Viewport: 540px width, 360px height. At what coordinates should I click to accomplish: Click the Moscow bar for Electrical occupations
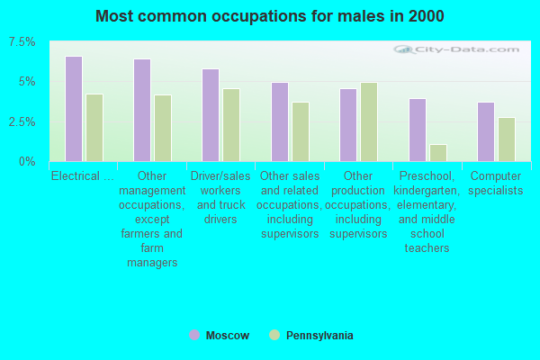(x=74, y=109)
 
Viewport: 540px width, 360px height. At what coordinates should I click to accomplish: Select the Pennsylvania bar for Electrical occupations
(x=94, y=128)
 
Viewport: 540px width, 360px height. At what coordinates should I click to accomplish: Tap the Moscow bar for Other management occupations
(x=142, y=110)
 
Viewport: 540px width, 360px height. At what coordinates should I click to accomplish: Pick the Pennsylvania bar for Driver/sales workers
(x=231, y=125)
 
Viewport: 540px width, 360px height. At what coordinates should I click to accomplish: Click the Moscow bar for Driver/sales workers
(x=211, y=115)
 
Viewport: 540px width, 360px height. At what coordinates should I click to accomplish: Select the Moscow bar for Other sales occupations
(x=280, y=121)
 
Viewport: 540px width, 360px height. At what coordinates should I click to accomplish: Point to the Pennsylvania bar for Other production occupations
(x=369, y=121)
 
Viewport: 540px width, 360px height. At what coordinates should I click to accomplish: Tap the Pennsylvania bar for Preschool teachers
(x=438, y=153)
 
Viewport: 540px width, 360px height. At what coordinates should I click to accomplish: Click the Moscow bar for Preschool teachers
(x=418, y=130)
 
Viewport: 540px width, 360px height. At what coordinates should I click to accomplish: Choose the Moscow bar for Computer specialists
(x=486, y=131)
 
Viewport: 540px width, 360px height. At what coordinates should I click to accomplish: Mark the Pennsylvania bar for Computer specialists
(x=507, y=139)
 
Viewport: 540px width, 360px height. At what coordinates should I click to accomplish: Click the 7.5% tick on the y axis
(x=22, y=42)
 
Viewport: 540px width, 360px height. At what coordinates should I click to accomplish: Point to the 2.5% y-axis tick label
(x=22, y=121)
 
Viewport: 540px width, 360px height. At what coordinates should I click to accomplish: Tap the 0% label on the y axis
(x=28, y=161)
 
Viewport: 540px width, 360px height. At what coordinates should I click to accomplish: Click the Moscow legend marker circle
(x=194, y=335)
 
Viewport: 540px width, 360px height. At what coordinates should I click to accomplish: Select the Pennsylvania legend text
(x=319, y=336)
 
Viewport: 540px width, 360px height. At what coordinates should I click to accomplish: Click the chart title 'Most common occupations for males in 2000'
(x=270, y=16)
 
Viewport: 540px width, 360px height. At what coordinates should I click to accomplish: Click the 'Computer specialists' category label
(x=496, y=183)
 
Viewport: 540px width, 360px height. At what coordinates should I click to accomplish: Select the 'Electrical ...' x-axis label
(x=83, y=175)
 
